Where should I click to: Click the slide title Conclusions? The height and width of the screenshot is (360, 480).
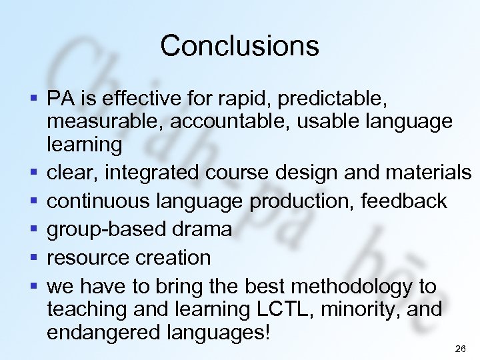pos(239,46)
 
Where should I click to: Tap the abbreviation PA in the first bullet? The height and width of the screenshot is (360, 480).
pos(60,99)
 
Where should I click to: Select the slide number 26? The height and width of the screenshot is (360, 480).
pos(459,349)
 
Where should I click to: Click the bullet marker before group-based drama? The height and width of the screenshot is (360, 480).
pos(33,229)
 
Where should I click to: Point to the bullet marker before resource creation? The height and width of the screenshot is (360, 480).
pos(33,257)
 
